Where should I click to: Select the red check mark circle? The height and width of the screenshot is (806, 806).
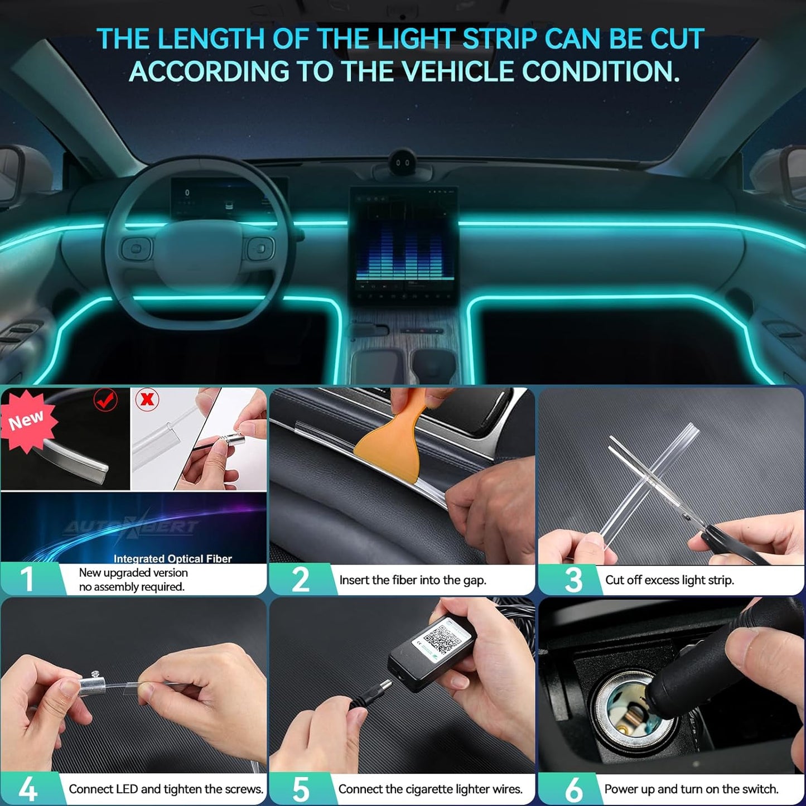point(105,399)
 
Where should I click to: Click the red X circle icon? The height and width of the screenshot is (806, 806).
point(148,399)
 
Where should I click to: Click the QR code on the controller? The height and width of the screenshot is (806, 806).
point(441,638)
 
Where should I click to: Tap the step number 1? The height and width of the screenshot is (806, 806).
point(27,579)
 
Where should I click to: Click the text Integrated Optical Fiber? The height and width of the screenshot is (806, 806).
point(172,558)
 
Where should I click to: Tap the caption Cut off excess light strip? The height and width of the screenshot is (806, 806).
point(669,580)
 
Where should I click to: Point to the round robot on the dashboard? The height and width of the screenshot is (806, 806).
point(403,162)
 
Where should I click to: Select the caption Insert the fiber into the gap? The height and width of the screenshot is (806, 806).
point(413,580)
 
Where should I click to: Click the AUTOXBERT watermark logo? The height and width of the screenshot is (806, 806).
point(131,527)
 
